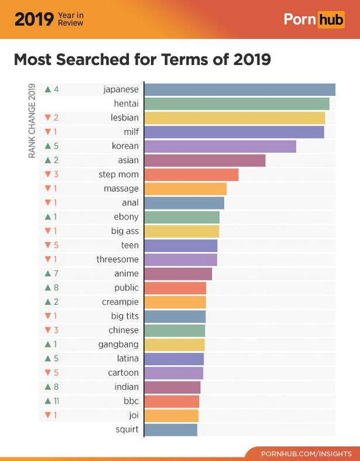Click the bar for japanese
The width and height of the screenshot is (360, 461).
pyautogui.click(x=239, y=90)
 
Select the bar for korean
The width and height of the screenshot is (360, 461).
pyautogui.click(x=220, y=146)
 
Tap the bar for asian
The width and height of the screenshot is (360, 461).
pyautogui.click(x=205, y=160)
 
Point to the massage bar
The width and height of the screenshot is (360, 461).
pyautogui.click(x=185, y=188)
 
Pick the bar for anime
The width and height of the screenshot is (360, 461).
pyautogui.click(x=178, y=273)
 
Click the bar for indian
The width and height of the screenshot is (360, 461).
pyautogui.click(x=172, y=387)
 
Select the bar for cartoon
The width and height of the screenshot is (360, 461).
pyautogui.click(x=173, y=373)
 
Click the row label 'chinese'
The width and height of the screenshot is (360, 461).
pyautogui.click(x=124, y=331)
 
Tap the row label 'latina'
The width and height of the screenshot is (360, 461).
pyautogui.click(x=127, y=359)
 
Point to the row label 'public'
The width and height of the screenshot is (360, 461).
pyautogui.click(x=126, y=288)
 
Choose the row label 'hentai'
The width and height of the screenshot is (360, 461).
pyautogui.click(x=126, y=104)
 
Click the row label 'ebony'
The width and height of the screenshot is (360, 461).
pyautogui.click(x=126, y=217)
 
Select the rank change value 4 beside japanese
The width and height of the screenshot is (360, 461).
pyautogui.click(x=56, y=90)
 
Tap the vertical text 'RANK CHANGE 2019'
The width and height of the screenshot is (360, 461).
pyautogui.click(x=32, y=122)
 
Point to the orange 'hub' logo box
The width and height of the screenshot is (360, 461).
pyautogui.click(x=331, y=19)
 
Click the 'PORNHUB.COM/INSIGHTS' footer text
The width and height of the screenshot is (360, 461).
pyautogui.click(x=306, y=453)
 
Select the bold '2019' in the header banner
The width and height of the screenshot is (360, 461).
pyautogui.click(x=33, y=19)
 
